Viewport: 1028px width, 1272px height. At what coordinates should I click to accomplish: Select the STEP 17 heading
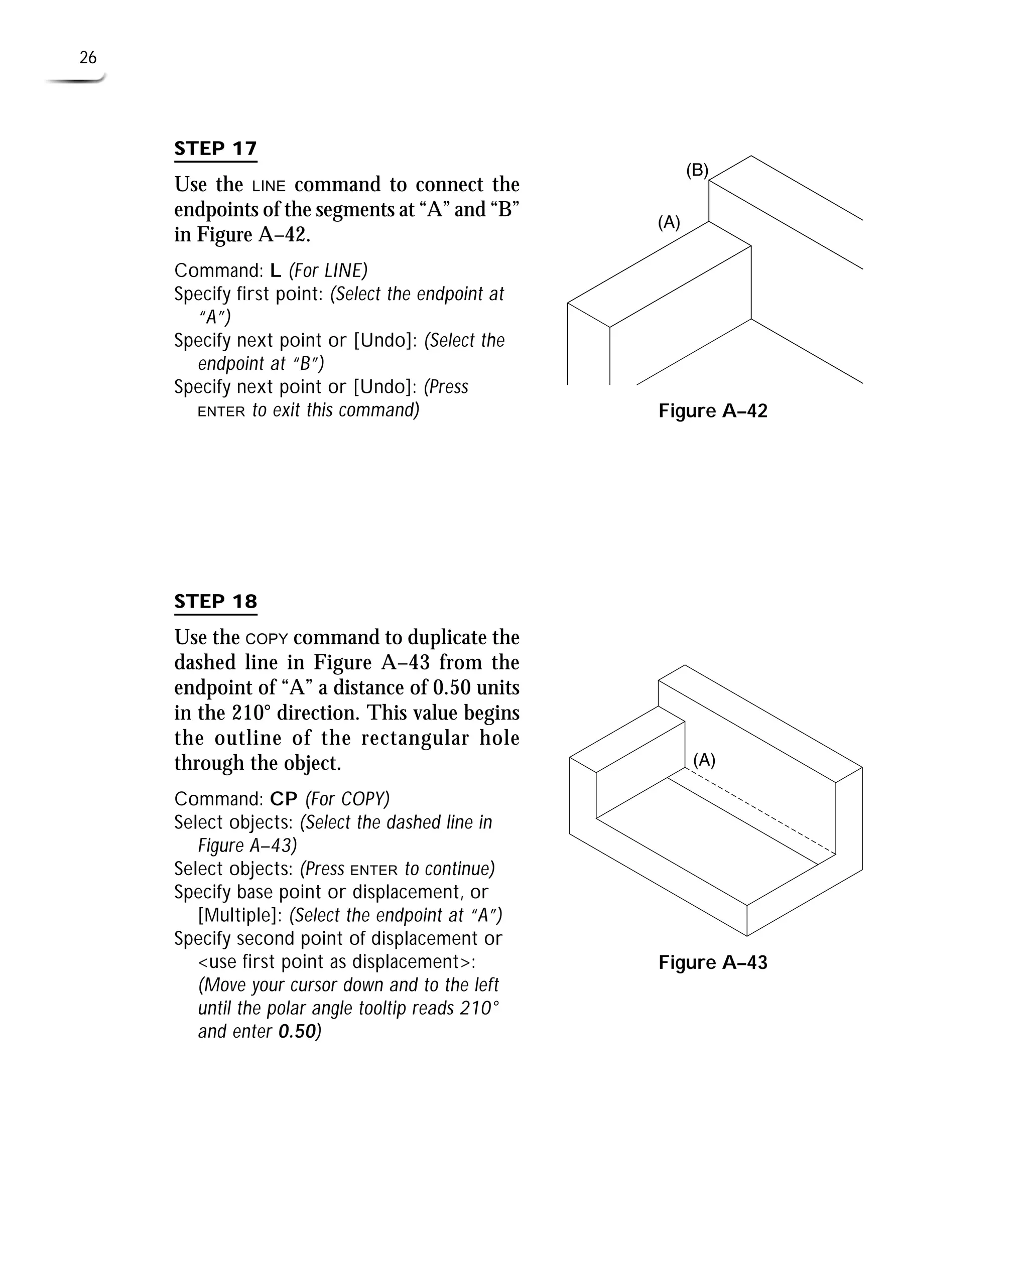215,148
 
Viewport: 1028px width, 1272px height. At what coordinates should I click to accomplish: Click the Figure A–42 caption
712,411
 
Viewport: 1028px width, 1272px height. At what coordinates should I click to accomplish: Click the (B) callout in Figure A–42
697,171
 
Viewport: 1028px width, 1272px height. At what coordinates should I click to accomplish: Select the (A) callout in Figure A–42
669,223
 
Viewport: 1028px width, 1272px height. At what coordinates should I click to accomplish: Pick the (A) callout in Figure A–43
704,760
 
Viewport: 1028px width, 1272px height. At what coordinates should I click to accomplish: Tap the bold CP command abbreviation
284,799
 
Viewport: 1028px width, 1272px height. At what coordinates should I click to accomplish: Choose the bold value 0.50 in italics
297,1032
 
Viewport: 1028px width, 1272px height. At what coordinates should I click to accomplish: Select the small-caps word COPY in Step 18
267,639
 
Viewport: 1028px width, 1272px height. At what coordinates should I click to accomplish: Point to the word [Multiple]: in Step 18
240,916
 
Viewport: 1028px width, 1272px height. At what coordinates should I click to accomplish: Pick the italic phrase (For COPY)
347,799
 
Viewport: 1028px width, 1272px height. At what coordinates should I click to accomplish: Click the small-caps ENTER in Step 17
221,412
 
